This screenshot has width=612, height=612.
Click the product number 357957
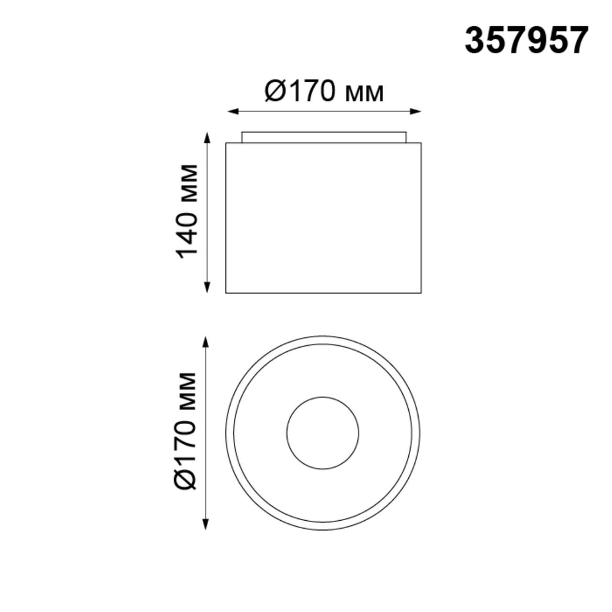[526, 41]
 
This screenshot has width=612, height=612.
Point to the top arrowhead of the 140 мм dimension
[207, 136]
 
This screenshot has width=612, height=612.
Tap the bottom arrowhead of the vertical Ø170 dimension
[206, 525]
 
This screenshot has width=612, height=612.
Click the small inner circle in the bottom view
[323, 433]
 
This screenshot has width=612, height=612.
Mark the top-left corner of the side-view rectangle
[226, 143]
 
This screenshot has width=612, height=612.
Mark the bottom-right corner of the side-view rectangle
[421, 293]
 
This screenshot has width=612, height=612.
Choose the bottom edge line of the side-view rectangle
[324, 293]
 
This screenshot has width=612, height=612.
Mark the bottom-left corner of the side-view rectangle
[226, 293]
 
